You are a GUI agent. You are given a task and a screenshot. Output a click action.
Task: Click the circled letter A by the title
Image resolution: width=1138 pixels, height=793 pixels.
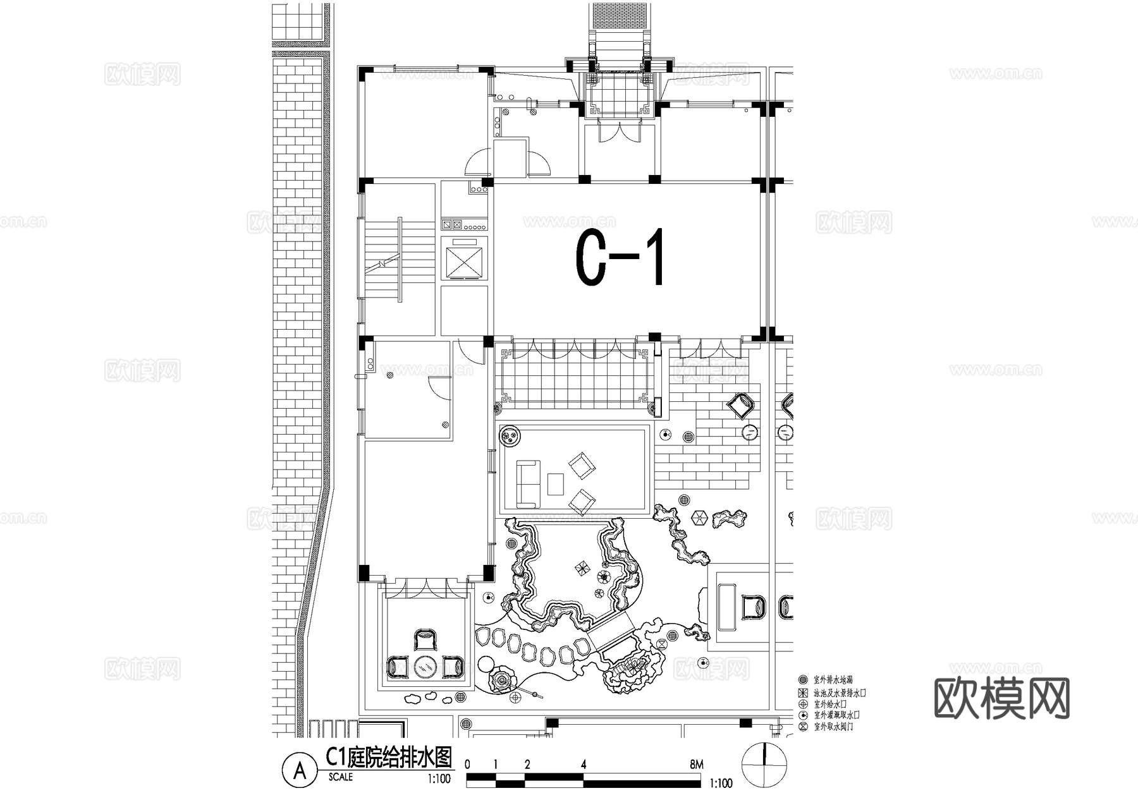pos(300,770)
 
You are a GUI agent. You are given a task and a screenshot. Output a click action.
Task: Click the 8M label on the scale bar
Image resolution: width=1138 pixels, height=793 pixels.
pos(696,765)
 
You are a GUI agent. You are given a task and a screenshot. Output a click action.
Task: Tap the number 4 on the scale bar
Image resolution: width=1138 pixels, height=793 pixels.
pos(584,765)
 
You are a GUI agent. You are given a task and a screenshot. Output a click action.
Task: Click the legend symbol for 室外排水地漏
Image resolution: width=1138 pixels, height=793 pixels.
pos(803,680)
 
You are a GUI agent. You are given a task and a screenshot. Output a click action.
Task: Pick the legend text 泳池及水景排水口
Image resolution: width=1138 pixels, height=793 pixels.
pos(840,693)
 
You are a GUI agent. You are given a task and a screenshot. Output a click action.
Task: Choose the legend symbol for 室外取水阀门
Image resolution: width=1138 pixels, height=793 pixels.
pos(803,727)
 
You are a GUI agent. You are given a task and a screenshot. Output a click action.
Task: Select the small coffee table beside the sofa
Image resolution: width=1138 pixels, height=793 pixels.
pos(556,484)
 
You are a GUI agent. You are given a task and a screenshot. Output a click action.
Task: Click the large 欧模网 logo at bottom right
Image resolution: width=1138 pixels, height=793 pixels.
pos(1001,699)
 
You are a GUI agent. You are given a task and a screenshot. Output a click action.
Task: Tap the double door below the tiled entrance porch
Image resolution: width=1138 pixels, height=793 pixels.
pos(618,134)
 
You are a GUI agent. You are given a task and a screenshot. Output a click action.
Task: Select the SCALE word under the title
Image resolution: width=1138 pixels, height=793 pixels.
pos(341,777)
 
